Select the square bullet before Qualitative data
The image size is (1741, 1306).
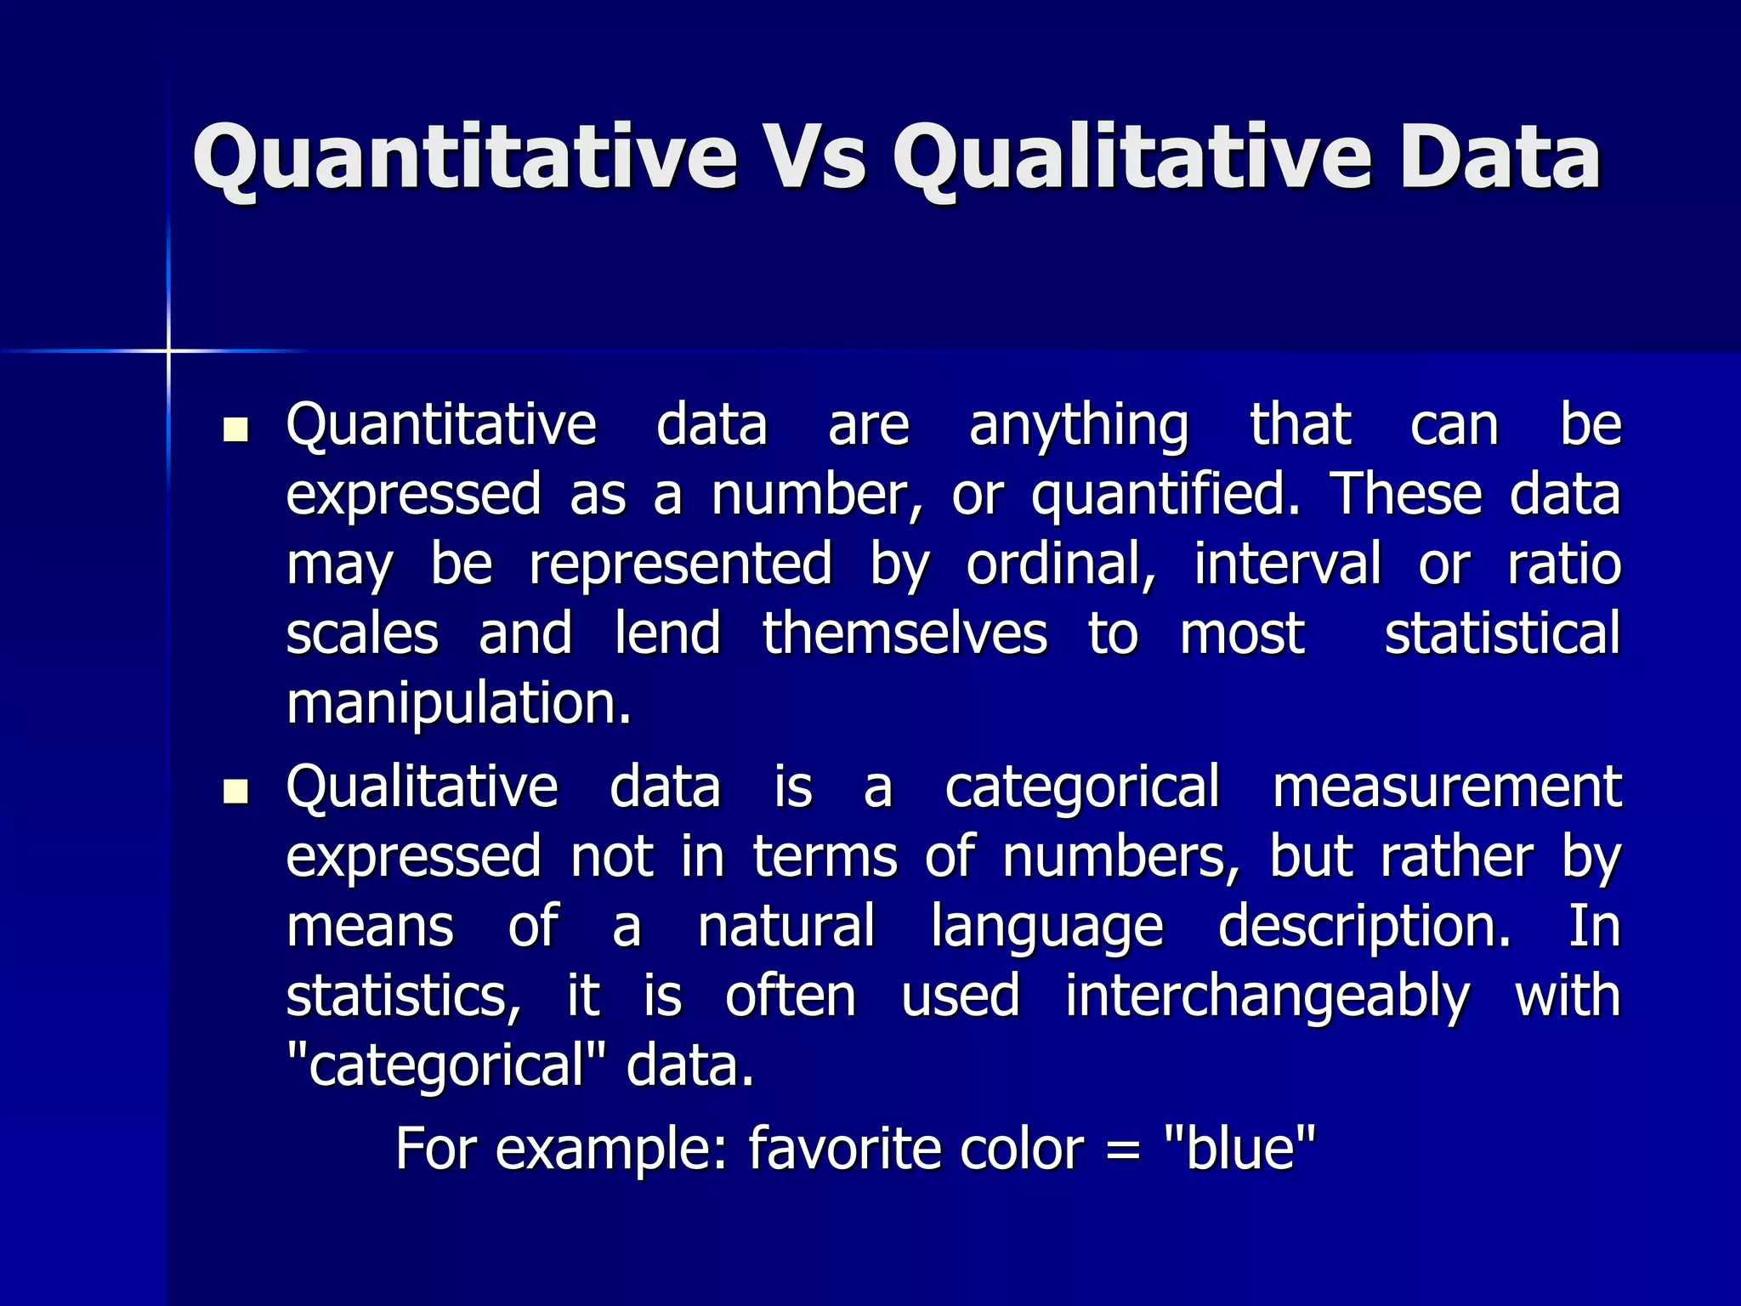point(235,792)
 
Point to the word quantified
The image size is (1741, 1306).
point(1165,496)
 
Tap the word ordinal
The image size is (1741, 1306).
point(1061,565)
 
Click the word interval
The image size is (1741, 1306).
point(1287,565)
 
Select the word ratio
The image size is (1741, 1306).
point(1564,565)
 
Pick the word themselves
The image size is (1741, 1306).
point(905,634)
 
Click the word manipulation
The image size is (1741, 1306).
point(459,705)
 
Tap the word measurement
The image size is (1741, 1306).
point(1446,787)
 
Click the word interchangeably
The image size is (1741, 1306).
point(1267,997)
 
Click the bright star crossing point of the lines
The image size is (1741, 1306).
point(168,350)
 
